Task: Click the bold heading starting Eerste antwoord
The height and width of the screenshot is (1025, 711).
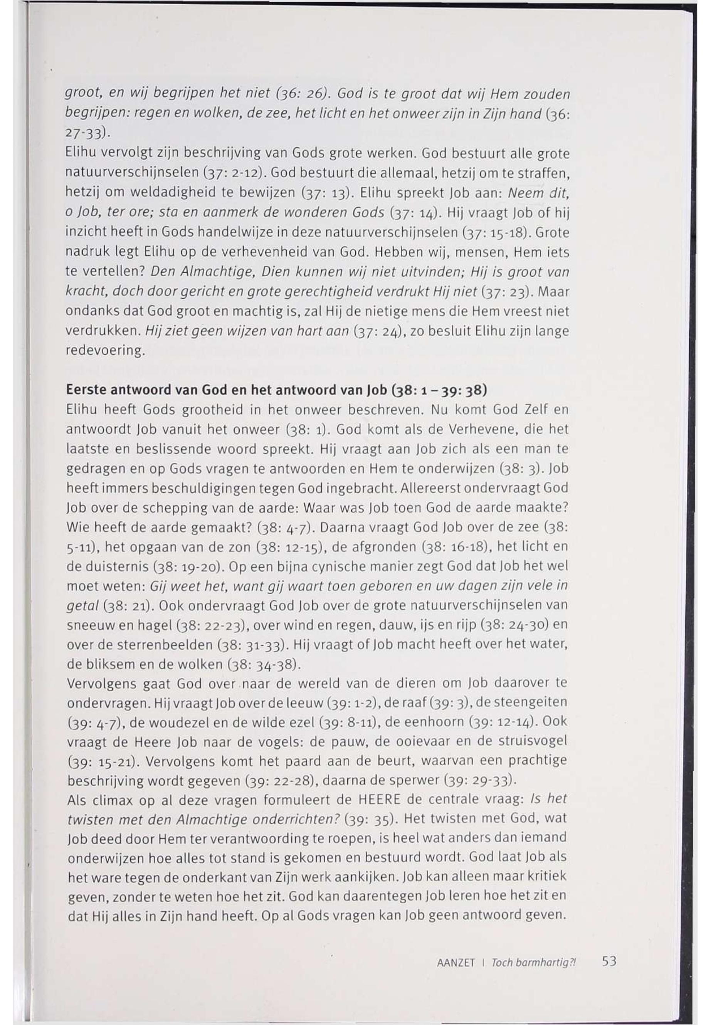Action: pos(276,390)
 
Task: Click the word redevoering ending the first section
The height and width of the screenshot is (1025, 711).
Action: pos(105,351)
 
